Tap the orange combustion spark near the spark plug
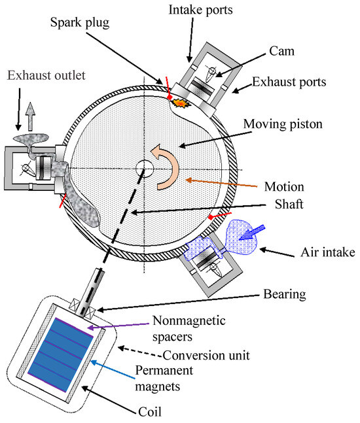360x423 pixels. (178, 101)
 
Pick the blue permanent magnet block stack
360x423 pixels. (62, 354)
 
